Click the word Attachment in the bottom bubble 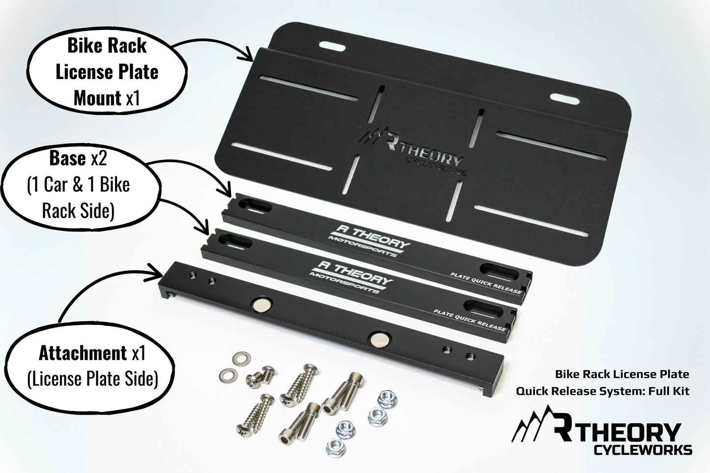pyautogui.click(x=83, y=353)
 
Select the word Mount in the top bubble pyautogui.click(x=97, y=98)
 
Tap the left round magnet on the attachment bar pyautogui.click(x=262, y=304)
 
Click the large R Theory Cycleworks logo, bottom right pyautogui.click(x=602, y=430)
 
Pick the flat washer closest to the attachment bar pyautogui.click(x=242, y=358)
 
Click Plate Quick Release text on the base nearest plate pyautogui.click(x=486, y=283)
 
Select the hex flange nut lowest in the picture pyautogui.click(x=336, y=447)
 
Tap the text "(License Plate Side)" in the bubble pyautogui.click(x=92, y=379)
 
